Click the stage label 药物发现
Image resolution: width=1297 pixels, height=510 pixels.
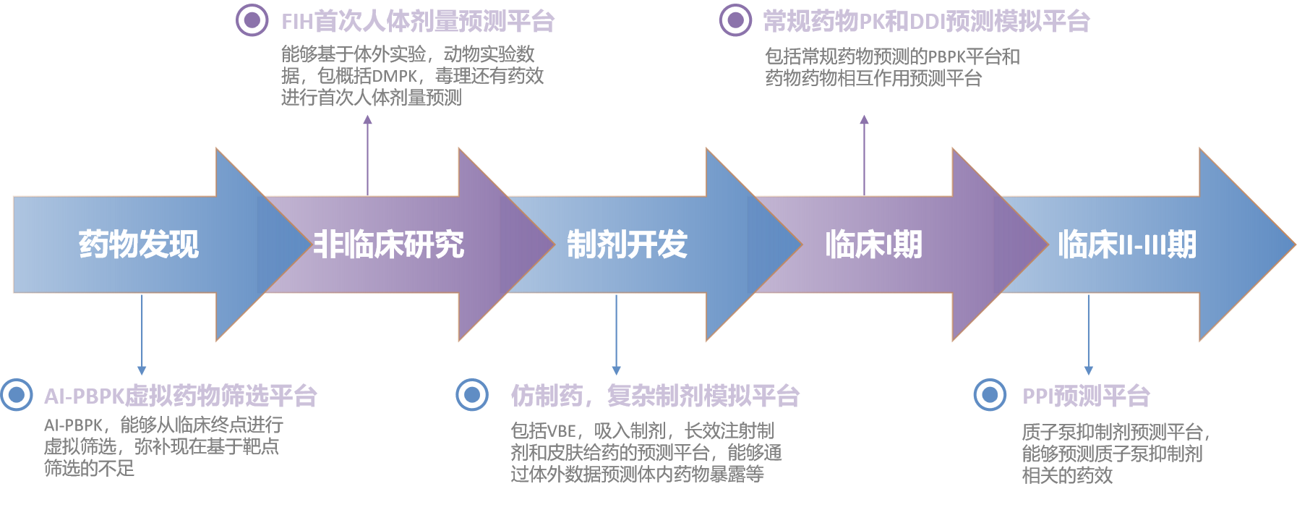coord(139,245)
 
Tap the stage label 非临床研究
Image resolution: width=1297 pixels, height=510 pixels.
coord(389,245)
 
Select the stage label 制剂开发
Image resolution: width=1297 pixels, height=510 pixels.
coord(627,245)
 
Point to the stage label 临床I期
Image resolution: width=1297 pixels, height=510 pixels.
coord(874,245)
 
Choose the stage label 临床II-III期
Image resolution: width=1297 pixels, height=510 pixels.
coord(1127,245)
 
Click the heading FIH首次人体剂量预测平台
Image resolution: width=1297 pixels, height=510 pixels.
coord(418,21)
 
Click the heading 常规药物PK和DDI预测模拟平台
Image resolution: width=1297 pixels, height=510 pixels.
coord(927,21)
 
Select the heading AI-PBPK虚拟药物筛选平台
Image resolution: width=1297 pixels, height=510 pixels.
coord(181,396)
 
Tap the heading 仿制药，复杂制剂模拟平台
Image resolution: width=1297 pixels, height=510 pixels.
coord(655,396)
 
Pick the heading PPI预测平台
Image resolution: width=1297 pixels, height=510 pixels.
coord(1086,396)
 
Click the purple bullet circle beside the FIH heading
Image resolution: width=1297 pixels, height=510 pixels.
coord(252,20)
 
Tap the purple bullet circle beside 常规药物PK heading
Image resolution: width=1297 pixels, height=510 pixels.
coord(735,20)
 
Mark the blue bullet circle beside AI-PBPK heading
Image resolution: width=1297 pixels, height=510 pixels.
coord(17,395)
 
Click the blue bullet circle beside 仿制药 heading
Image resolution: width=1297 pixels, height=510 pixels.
coord(472,394)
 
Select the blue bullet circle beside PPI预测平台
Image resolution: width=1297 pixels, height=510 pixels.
coord(990,395)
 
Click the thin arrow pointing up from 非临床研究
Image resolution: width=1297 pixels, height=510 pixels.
coord(367,155)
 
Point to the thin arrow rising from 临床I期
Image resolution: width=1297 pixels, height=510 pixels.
coord(864,155)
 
